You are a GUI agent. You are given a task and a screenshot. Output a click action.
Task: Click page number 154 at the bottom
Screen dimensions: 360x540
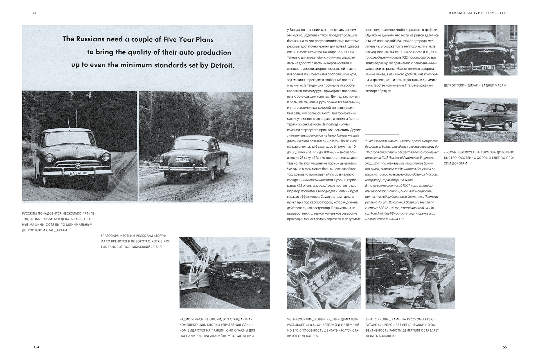click(36, 347)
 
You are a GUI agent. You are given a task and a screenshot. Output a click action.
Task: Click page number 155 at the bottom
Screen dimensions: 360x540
click(504, 347)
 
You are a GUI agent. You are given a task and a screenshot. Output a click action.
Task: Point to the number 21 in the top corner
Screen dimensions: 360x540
click(34, 13)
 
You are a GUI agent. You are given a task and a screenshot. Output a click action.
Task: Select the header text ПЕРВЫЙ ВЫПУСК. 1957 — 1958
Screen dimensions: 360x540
click(474, 13)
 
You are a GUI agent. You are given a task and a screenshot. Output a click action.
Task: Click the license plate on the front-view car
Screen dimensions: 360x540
click(78, 173)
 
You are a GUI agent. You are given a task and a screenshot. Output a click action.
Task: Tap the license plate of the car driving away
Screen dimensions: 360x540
click(183, 160)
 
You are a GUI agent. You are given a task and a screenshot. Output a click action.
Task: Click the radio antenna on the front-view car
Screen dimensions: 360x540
click(67, 121)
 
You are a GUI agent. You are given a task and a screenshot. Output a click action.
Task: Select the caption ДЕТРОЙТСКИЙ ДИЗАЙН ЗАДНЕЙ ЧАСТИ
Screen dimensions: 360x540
click(475, 85)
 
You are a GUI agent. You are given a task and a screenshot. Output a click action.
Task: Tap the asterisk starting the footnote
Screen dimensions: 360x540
click(366, 141)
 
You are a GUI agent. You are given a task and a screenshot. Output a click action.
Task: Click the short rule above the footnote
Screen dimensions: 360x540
click(382, 134)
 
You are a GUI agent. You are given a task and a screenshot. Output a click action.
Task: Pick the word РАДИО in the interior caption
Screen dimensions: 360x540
click(185, 319)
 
